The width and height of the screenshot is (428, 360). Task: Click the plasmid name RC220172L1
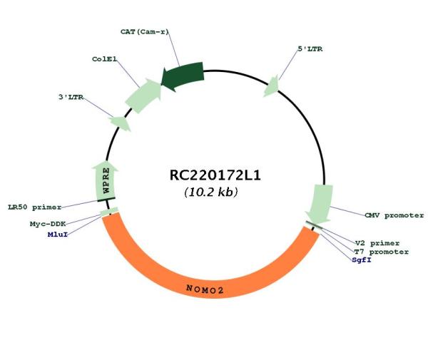[215, 175]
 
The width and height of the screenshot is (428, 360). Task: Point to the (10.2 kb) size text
[211, 192]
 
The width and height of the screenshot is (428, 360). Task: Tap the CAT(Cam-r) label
[145, 32]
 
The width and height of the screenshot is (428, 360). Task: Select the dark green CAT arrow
[183, 76]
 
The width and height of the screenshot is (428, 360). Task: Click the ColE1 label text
[105, 59]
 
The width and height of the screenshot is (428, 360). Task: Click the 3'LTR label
[71, 97]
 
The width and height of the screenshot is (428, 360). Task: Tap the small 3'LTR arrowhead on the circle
[121, 123]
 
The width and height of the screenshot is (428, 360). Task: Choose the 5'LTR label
[310, 49]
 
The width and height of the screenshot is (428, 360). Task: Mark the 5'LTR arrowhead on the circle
[272, 86]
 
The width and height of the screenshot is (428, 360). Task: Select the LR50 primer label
[35, 207]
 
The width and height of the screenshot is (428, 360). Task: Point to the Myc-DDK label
[48, 224]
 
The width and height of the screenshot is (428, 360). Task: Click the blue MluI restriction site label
[58, 235]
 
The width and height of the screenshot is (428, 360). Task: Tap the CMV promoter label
[394, 215]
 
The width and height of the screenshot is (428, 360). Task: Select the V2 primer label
[377, 243]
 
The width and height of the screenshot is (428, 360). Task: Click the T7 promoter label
[382, 252]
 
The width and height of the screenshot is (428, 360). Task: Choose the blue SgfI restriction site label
[362, 260]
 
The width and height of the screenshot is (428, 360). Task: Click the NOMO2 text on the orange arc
[205, 289]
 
